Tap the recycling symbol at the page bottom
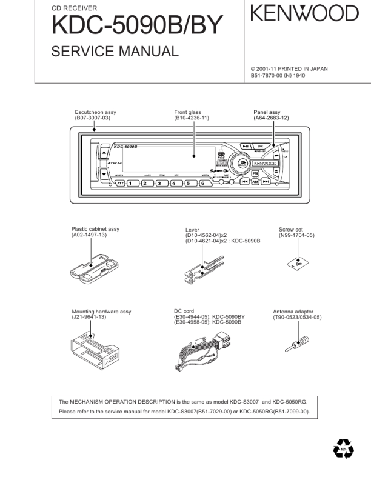[x=343, y=450]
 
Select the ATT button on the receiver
[x=121, y=182]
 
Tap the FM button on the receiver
[x=256, y=173]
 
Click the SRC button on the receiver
[x=259, y=146]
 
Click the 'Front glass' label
[x=187, y=112]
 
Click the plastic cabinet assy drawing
[x=92, y=267]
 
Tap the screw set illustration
[x=298, y=264]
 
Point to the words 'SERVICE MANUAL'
[x=115, y=52]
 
